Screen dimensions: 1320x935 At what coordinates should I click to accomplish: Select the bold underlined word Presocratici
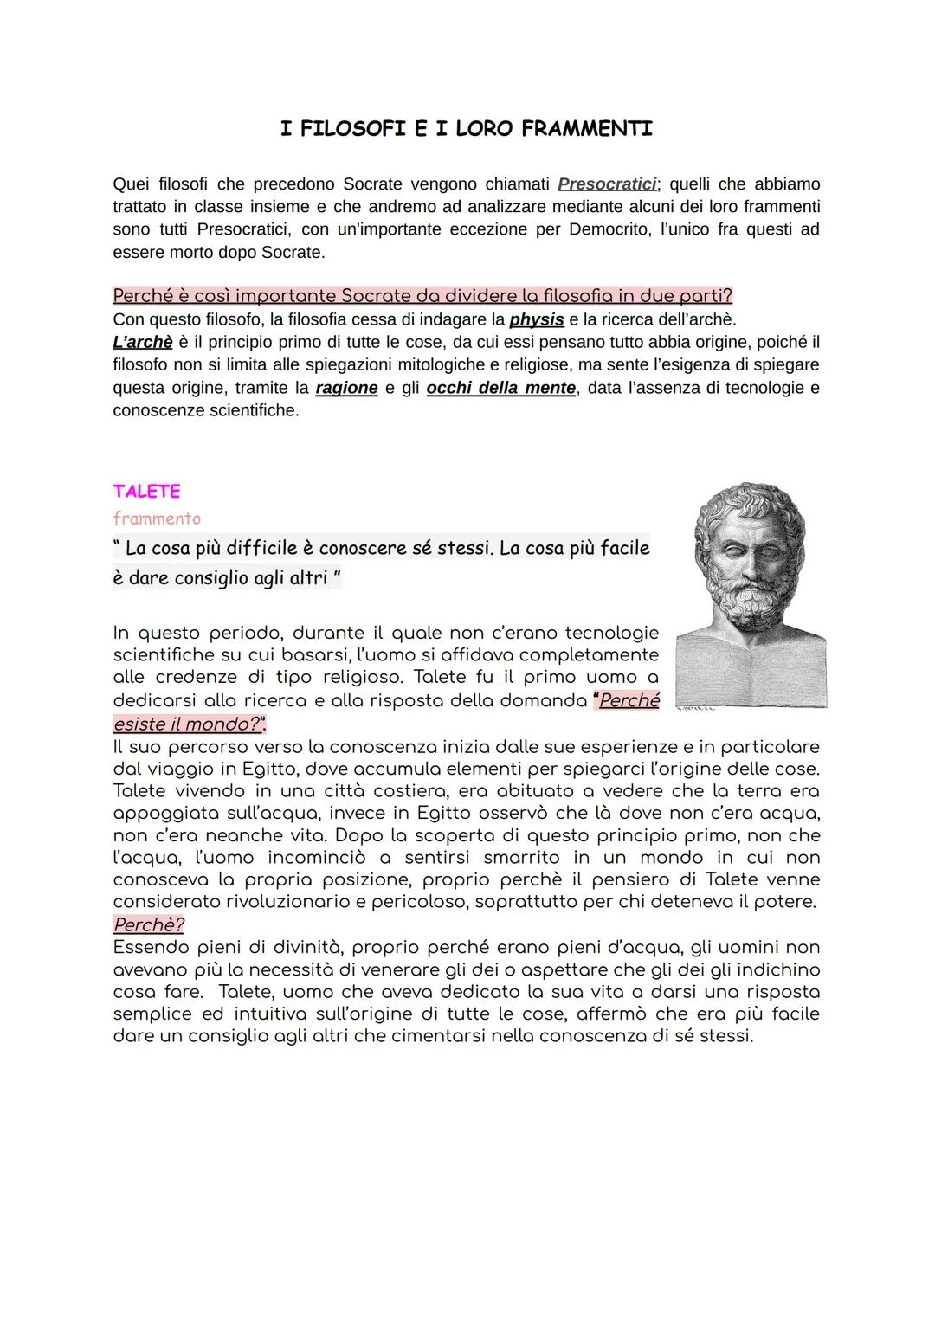[608, 184]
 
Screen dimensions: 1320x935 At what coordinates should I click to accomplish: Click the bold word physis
[537, 319]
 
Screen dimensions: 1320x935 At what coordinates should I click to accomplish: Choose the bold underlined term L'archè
[143, 342]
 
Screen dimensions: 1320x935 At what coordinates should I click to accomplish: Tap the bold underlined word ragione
[346, 388]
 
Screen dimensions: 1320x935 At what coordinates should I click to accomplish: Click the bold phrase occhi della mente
[500, 388]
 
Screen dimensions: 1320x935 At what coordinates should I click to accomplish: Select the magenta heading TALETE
[146, 491]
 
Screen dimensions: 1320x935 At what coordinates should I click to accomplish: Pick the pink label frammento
[157, 518]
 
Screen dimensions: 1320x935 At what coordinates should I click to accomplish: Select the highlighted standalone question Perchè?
[148, 924]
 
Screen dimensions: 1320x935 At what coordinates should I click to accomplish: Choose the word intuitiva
[306, 1014]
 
